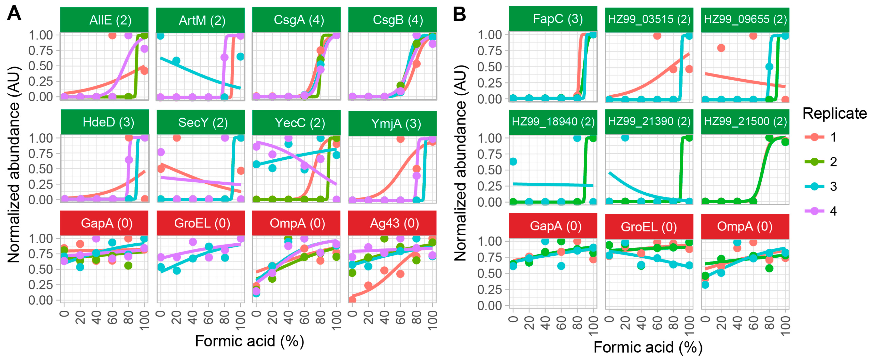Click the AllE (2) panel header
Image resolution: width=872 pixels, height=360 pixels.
tap(104, 20)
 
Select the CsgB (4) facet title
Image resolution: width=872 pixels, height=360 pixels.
tap(392, 20)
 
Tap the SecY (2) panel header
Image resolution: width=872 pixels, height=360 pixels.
tap(201, 123)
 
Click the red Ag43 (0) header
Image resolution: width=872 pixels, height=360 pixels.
tap(392, 223)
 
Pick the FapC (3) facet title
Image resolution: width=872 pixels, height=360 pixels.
tap(553, 19)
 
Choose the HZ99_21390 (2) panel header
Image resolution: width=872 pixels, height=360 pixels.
tap(649, 122)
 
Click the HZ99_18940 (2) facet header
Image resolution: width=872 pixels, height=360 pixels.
tap(553, 122)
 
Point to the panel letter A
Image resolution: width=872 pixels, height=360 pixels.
tap(14, 14)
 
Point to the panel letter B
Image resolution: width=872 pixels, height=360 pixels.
tap(459, 14)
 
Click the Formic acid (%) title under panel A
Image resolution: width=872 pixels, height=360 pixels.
tap(250, 341)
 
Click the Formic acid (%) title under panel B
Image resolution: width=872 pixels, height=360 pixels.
tap(648, 347)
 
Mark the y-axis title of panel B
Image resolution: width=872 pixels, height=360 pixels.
tap(460, 163)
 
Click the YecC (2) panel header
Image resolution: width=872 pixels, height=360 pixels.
tap(297, 123)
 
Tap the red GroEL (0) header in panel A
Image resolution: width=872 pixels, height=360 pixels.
tap(201, 223)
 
